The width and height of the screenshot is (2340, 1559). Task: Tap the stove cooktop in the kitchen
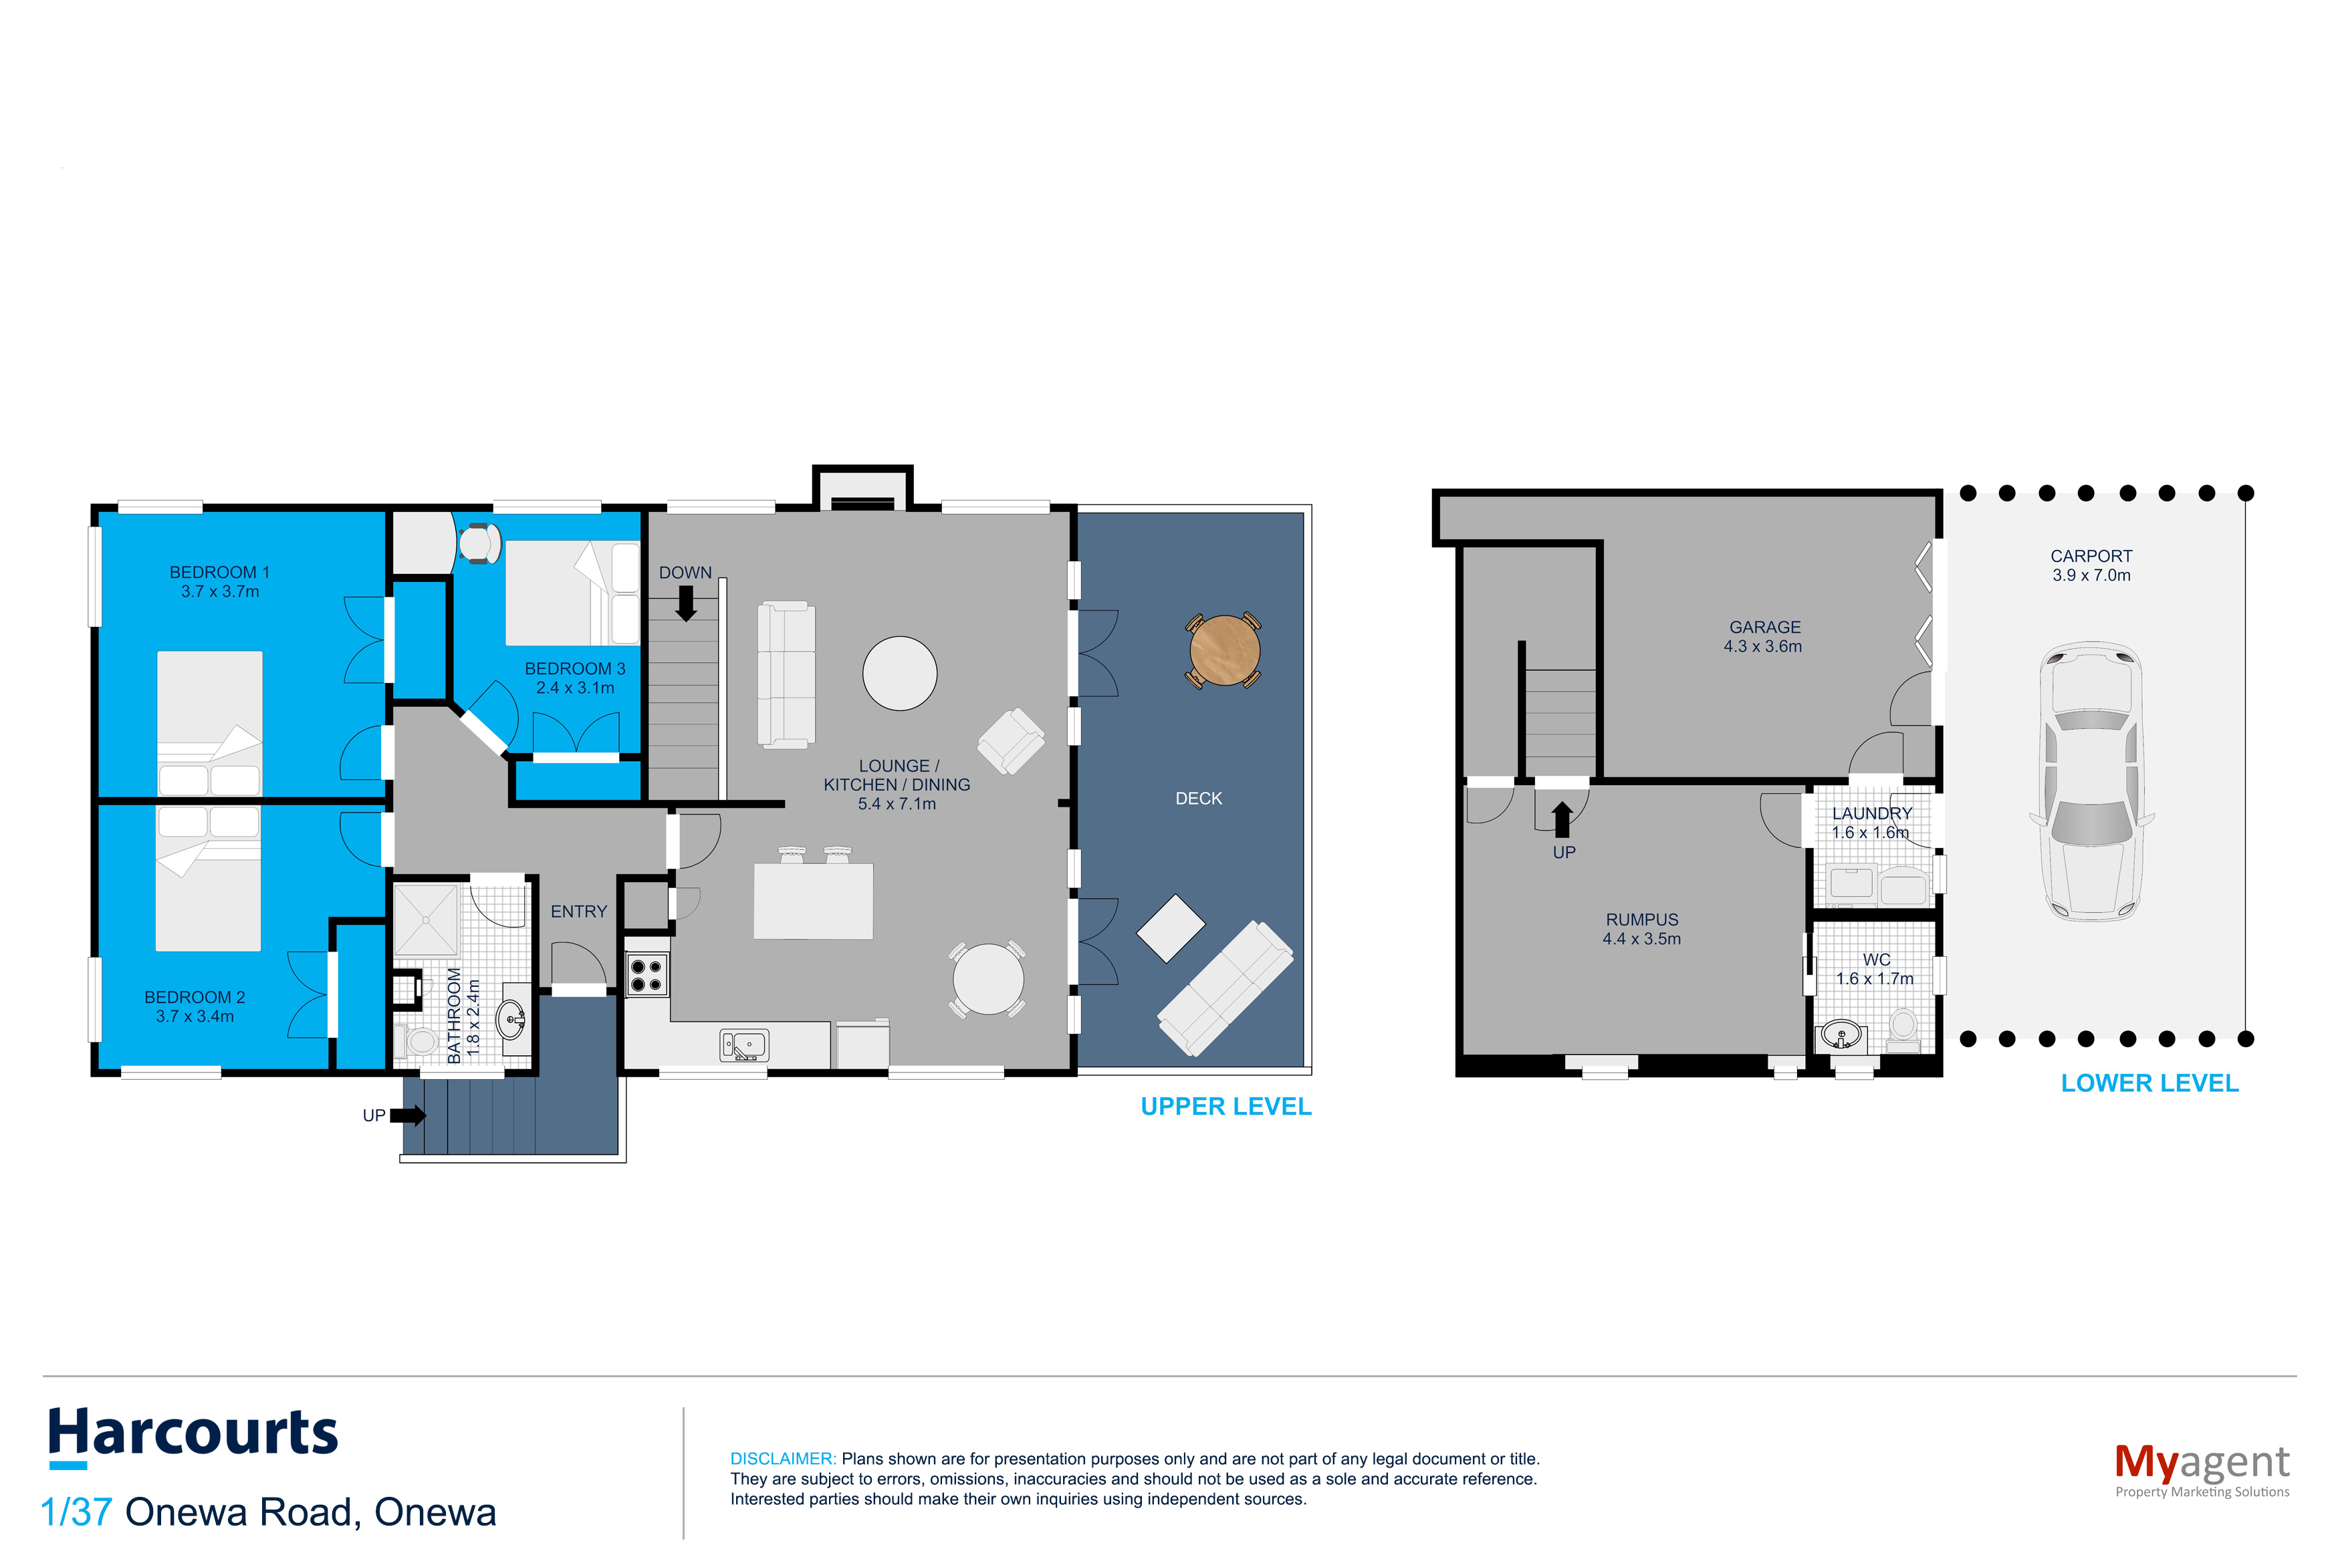click(647, 974)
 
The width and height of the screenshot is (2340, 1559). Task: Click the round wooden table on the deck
click(1224, 650)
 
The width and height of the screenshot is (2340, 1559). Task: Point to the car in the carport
click(2091, 781)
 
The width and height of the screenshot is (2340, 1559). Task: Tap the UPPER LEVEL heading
click(1225, 1107)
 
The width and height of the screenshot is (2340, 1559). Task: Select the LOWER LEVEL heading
click(2149, 1083)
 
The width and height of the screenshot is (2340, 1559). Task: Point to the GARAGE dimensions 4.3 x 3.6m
click(1762, 646)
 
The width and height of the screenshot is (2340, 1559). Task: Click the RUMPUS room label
click(1642, 919)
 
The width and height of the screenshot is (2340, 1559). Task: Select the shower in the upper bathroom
click(426, 919)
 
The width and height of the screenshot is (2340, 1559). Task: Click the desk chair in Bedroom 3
click(479, 543)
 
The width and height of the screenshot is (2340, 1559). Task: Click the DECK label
click(1198, 799)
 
